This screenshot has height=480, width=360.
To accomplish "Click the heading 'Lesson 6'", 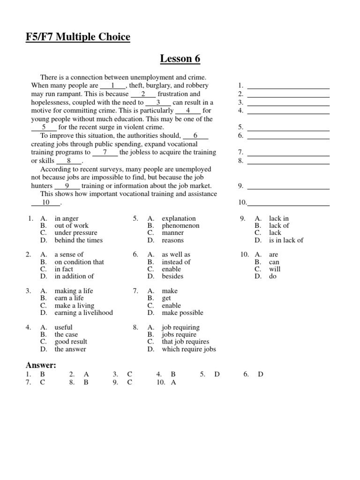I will (180, 59).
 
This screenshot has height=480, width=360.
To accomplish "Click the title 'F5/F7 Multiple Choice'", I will (78, 37).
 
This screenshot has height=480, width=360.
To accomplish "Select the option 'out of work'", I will (71, 225).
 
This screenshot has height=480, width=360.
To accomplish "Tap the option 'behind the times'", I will (78, 240).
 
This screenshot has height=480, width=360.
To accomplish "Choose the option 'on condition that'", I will (79, 262).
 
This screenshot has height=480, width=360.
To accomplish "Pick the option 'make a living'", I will (74, 306).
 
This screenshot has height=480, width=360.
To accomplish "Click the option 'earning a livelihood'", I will (83, 313).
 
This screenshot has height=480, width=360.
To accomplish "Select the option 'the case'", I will (66, 335).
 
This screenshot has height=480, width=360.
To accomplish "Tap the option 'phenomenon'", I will (180, 225).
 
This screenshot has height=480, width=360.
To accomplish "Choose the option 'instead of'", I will (176, 262).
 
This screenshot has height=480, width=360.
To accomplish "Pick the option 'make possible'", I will (182, 313).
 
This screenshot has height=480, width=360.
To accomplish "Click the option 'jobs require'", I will (180, 335).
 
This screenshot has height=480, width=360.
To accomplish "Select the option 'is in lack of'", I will (286, 240).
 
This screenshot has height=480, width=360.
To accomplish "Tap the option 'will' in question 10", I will (275, 269).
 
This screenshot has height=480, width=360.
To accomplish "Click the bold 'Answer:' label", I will (41, 365).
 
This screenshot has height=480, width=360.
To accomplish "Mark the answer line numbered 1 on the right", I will (288, 86).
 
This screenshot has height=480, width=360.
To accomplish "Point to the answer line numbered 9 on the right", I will (288, 186).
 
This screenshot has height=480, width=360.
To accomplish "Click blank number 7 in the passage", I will (105, 152).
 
